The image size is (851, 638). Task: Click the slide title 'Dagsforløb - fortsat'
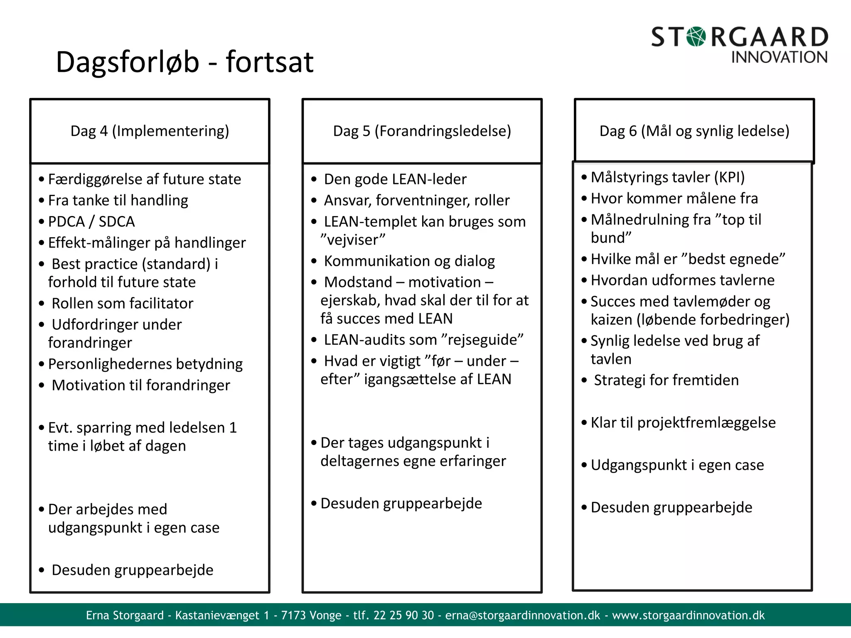coord(184,62)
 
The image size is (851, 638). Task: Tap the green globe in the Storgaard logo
coord(696,37)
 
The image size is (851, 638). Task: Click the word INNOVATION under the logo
coord(779,57)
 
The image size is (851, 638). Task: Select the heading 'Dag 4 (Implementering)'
coord(150,131)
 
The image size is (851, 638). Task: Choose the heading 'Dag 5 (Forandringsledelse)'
coord(422,131)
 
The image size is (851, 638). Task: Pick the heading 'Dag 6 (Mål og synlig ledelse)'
coord(694,131)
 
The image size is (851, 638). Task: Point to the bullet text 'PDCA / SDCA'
coord(91,221)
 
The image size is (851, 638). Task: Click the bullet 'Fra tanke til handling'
coord(118,200)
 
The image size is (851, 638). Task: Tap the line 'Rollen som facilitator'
coord(122,303)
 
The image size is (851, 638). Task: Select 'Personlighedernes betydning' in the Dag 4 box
coord(145,364)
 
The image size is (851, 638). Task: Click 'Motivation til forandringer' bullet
coord(140,385)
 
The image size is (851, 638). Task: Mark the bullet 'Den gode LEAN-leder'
coord(395,179)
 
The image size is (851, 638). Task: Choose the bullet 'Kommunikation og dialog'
coord(409,261)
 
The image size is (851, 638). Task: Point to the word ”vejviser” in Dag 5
coord(353,240)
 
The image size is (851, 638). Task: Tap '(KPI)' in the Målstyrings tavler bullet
coord(729,177)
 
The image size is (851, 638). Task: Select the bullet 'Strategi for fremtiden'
coord(666,380)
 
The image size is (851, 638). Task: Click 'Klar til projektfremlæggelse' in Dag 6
coord(683,422)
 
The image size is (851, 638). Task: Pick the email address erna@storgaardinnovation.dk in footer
coord(523,615)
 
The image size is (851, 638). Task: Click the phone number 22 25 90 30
coord(403,615)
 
